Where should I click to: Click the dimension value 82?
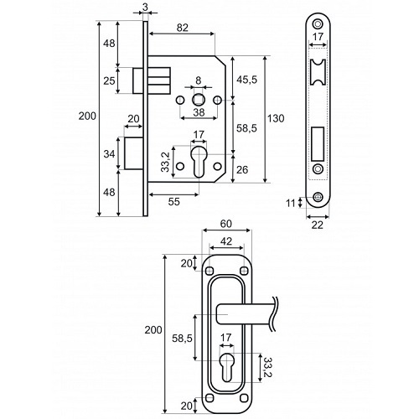(183, 28)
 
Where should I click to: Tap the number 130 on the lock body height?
(276, 118)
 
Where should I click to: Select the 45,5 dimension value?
(246, 80)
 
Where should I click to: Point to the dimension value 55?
(174, 201)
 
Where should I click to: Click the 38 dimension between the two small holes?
(199, 112)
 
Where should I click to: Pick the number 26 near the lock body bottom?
(242, 169)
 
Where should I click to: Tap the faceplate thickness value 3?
(145, 8)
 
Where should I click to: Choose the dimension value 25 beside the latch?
(109, 81)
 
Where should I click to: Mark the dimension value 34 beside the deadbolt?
(109, 153)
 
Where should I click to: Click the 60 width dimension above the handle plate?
(226, 224)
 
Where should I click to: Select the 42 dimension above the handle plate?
(226, 241)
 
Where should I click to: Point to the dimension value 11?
(291, 204)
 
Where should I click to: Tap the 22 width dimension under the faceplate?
(317, 225)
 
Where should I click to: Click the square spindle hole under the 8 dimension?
(199, 100)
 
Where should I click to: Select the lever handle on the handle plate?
(246, 314)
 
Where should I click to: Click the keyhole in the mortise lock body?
(199, 161)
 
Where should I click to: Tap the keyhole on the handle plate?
(227, 367)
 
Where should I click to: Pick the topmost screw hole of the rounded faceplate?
(317, 23)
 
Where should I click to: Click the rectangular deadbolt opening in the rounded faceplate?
(318, 143)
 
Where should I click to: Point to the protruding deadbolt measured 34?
(133, 153)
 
